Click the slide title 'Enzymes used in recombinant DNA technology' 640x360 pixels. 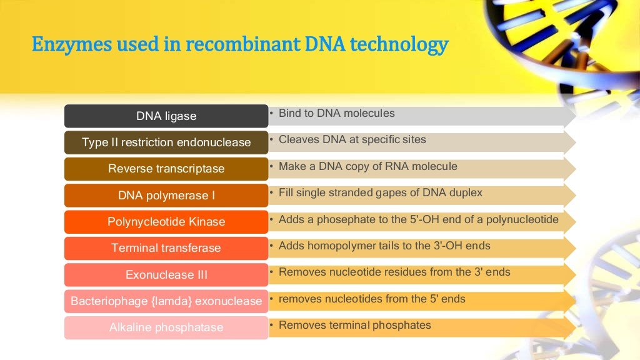[x=240, y=45]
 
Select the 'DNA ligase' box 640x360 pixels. [x=166, y=116]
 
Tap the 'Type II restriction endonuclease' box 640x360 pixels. [x=166, y=142]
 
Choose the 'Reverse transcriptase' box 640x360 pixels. [x=166, y=169]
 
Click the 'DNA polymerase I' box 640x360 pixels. [x=166, y=196]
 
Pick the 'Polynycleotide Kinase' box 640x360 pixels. [x=166, y=222]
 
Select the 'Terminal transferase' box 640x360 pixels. [x=166, y=248]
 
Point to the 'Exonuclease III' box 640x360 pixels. [x=166, y=274]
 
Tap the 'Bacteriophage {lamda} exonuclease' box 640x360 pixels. [x=166, y=301]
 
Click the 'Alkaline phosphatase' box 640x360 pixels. [x=166, y=327]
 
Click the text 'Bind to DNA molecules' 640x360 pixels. [x=336, y=114]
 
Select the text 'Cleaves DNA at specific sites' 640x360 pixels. [x=352, y=140]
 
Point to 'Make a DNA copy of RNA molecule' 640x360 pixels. [x=367, y=167]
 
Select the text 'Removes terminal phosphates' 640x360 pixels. [x=354, y=325]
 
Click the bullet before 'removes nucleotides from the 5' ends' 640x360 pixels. [x=272, y=299]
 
